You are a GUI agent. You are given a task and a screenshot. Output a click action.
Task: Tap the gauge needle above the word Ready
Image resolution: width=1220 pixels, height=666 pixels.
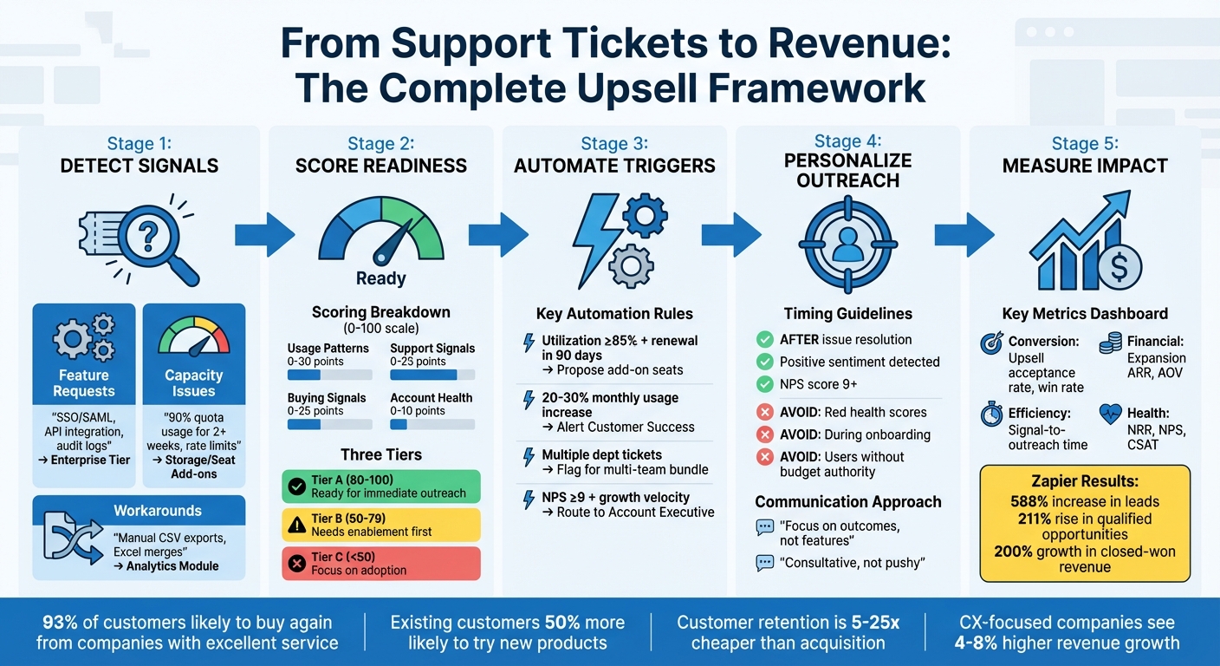pos(382,251)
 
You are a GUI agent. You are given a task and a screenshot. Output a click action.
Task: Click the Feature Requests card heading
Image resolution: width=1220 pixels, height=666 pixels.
pos(84,383)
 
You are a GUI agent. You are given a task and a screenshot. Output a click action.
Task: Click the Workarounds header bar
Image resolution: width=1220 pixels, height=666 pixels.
pos(139,511)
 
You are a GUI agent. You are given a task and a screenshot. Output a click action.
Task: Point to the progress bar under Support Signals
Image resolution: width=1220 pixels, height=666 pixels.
pos(432,375)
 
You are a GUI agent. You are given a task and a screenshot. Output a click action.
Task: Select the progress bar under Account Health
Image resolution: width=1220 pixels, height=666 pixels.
pos(432,424)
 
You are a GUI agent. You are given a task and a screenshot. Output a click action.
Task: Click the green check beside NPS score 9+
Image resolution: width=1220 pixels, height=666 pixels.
pos(765,384)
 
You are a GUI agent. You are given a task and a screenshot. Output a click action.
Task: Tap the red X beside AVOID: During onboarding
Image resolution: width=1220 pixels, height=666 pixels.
pos(765,434)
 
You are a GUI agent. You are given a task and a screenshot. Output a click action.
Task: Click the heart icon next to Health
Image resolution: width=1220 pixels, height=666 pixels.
pos(1110,415)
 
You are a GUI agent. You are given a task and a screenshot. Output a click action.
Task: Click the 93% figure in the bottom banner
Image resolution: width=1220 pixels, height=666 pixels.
pos(59,623)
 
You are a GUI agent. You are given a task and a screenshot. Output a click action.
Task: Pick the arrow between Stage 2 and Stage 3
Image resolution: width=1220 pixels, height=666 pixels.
pos(498,235)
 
